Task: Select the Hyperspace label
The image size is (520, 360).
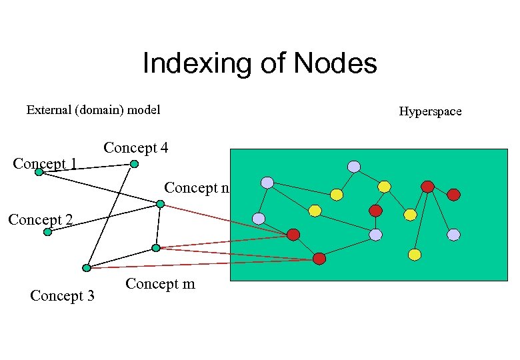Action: [430, 111]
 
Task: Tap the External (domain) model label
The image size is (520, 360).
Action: [93, 110]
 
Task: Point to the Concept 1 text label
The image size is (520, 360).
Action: [45, 163]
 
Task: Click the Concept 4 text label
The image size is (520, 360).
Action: [135, 147]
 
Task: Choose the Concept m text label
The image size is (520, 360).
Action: [160, 284]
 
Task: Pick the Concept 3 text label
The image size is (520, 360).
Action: [62, 295]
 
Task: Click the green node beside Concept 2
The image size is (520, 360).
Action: [47, 232]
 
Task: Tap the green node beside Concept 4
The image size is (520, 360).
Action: [134, 164]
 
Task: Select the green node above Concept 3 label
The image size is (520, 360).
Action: [87, 268]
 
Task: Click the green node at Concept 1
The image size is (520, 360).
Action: [39, 172]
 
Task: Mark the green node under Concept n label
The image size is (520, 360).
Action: [160, 204]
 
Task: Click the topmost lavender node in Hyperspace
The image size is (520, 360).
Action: [354, 167]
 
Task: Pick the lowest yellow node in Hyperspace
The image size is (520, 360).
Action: [415, 255]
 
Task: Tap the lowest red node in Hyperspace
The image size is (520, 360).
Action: [319, 259]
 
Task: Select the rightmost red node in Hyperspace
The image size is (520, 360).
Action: [453, 195]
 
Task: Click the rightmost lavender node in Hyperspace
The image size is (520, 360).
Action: [453, 235]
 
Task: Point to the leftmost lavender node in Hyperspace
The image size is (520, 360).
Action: [259, 219]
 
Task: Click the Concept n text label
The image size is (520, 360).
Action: [197, 188]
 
